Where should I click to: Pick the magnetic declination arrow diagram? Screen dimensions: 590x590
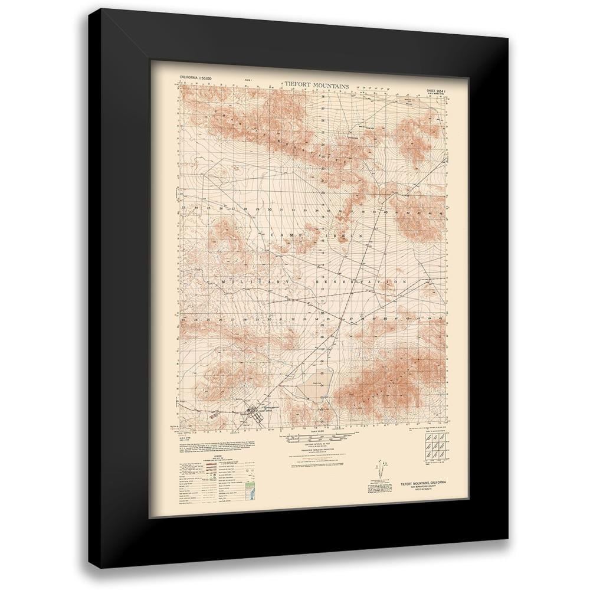[x=376, y=472]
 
